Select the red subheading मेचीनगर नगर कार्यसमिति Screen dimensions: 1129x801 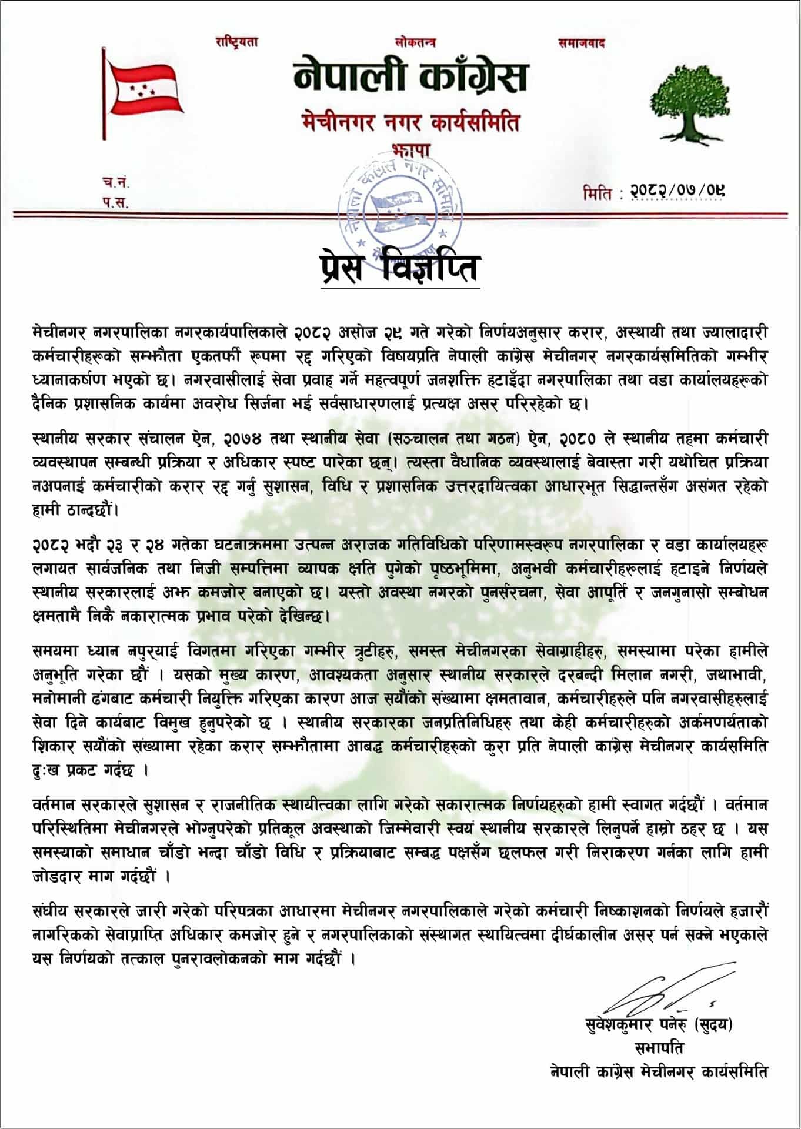[410, 123]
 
